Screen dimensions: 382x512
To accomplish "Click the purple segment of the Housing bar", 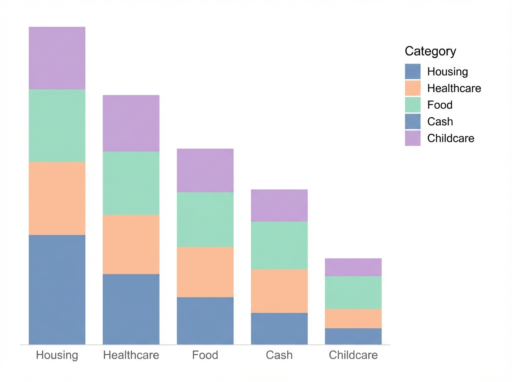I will coord(57,58).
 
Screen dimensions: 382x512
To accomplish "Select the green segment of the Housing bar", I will coord(57,125).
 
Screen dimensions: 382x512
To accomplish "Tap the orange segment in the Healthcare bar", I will coord(131,244).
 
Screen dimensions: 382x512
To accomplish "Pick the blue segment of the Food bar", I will coord(205,321).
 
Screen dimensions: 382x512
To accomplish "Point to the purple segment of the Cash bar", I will coord(279,205).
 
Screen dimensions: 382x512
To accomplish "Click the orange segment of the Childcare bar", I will coord(353,318).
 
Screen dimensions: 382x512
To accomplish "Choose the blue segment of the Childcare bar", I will coord(353,336).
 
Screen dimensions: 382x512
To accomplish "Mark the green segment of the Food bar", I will coord(205,220).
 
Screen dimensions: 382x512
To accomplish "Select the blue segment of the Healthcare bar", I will coord(131,309).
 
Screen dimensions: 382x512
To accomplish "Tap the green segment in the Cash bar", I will coord(279,245).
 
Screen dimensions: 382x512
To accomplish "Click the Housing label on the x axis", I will coord(57,355).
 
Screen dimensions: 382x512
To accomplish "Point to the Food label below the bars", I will coord(205,355).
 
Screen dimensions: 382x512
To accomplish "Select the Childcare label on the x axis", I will coord(353,355).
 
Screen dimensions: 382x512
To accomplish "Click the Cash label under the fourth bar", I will coord(279,355).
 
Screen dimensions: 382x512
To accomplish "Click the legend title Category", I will coord(430,51).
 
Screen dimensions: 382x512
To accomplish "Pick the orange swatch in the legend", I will coord(413,88).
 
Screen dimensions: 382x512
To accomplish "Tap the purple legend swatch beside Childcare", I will coord(413,138).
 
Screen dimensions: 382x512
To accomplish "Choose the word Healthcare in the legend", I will coord(454,88).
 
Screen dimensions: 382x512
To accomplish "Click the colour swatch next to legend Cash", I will coord(413,122).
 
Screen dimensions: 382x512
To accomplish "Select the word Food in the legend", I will coord(439,105).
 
